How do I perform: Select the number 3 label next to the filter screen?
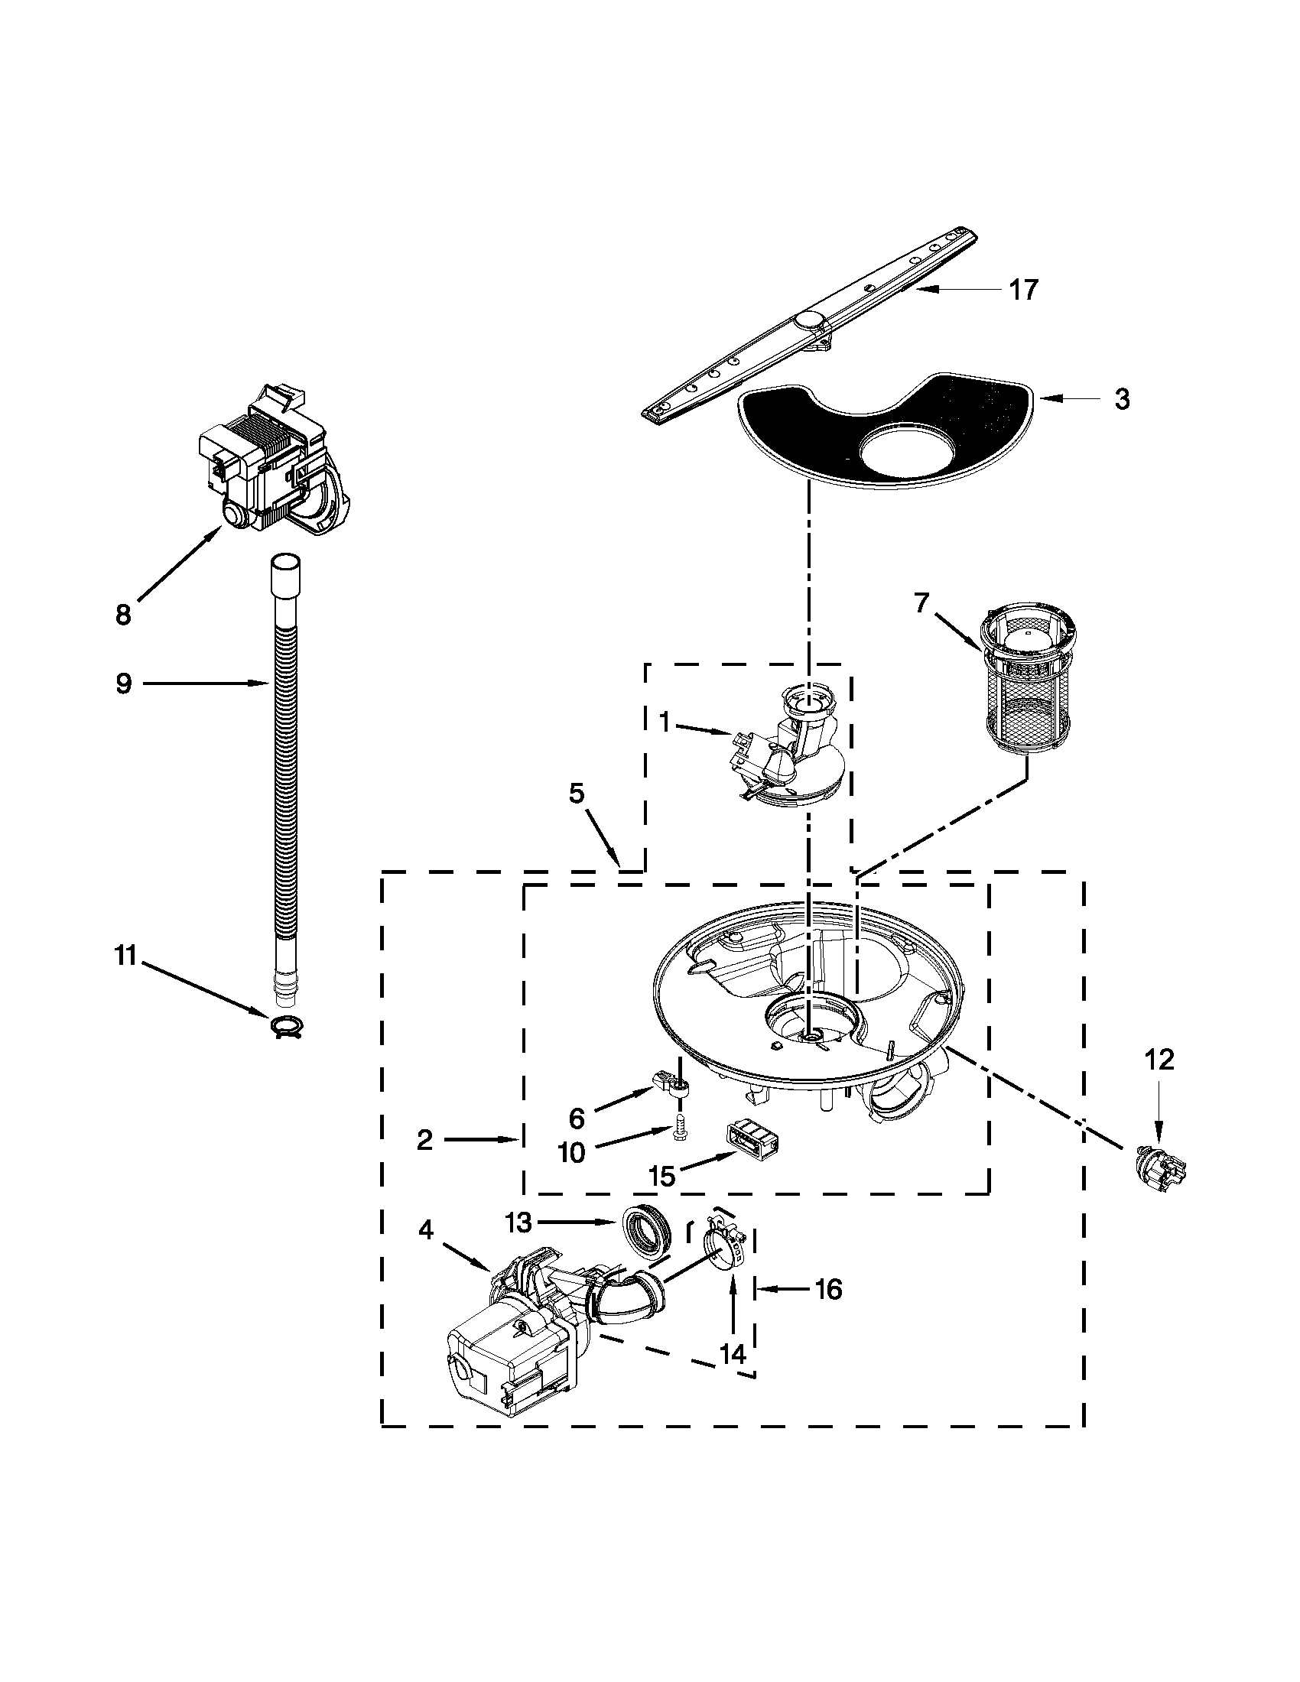[x=1122, y=399]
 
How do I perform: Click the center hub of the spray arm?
[x=808, y=320]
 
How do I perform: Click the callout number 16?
[x=828, y=1289]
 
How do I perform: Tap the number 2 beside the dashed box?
[x=424, y=1140]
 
